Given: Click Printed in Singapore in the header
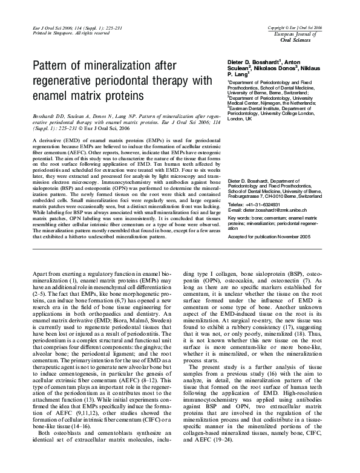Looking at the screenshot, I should (53, 34).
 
